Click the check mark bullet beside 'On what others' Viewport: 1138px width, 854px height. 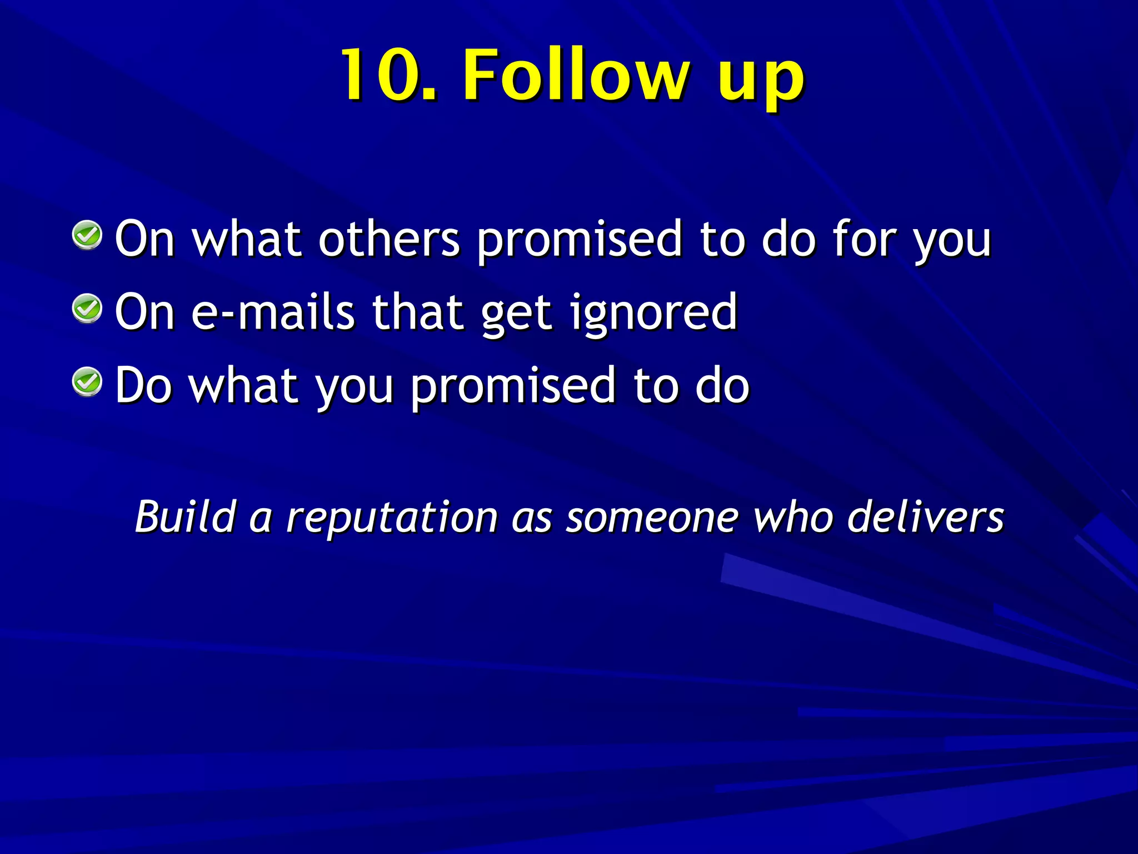coord(87,235)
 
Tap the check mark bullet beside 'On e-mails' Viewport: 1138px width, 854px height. coord(87,309)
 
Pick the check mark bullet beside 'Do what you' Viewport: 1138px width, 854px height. coord(87,382)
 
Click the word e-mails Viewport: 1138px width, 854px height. coord(273,312)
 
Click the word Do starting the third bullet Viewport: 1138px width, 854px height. coord(143,385)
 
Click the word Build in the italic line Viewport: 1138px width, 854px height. coord(186,517)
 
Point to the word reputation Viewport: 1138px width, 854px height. coord(392,519)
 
